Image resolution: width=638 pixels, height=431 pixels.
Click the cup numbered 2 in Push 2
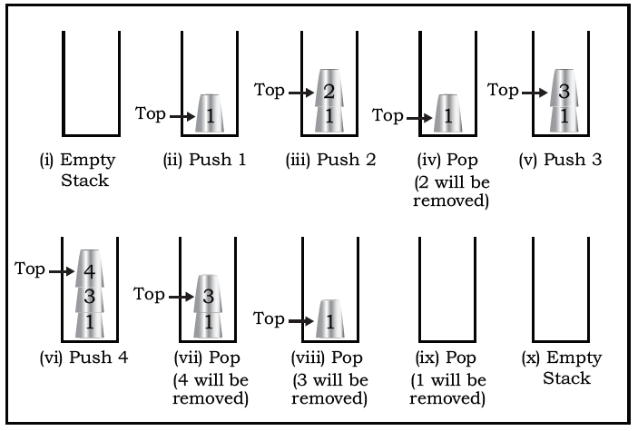(x=329, y=88)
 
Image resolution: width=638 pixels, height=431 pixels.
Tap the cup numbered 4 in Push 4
(x=90, y=269)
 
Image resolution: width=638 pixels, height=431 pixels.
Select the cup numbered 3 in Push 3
(x=564, y=88)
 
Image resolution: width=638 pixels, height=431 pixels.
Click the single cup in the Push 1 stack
(x=210, y=113)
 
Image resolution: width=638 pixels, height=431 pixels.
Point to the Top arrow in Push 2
(x=301, y=93)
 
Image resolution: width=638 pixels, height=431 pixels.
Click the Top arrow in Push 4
(x=62, y=271)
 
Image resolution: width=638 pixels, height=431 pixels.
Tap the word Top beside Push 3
(x=503, y=90)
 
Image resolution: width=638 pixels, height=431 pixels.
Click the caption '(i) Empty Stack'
(x=78, y=170)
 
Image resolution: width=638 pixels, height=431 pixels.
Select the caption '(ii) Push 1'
(x=205, y=160)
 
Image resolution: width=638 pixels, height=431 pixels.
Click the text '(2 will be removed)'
(x=451, y=191)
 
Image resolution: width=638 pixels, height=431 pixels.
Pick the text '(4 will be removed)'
(x=211, y=389)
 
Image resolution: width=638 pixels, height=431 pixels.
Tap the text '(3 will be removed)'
(x=330, y=389)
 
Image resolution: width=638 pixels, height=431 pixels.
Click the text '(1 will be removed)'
(x=448, y=389)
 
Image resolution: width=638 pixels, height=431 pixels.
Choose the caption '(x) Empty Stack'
(x=562, y=367)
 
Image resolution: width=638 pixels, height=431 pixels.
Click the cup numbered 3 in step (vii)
(x=209, y=294)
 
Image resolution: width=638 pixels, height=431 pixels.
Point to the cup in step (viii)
(x=330, y=319)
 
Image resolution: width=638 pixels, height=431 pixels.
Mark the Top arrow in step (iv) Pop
(x=419, y=119)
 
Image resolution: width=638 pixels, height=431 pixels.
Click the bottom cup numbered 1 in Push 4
(x=90, y=324)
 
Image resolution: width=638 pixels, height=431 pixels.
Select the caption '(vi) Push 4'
(x=83, y=358)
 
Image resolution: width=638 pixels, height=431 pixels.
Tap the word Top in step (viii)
(x=269, y=318)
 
